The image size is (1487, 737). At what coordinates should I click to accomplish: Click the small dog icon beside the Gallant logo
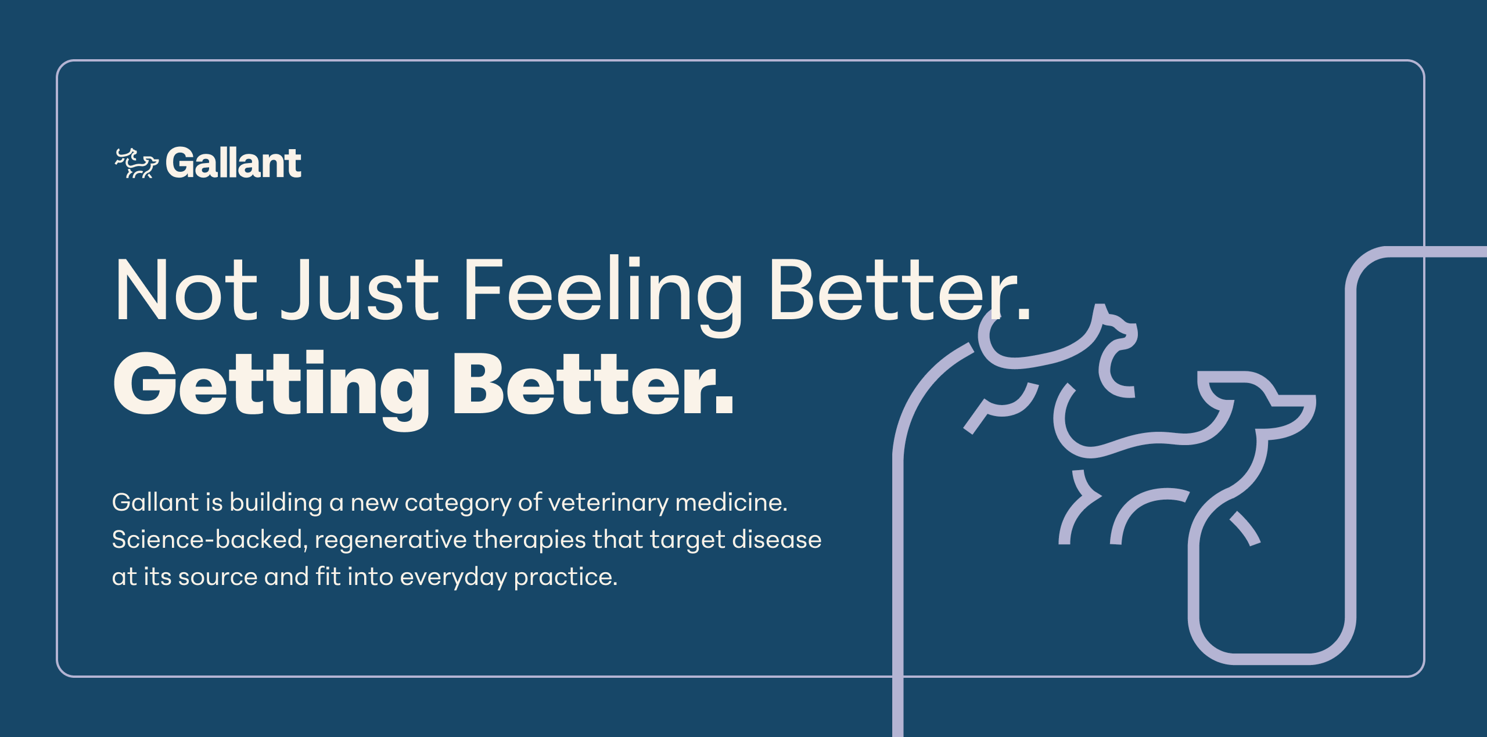point(136,163)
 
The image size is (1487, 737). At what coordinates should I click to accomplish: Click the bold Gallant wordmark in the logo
point(234,163)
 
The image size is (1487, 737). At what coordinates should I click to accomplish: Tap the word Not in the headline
point(186,289)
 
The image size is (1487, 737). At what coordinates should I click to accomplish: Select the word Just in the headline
point(360,289)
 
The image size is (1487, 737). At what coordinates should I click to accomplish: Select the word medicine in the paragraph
point(731,502)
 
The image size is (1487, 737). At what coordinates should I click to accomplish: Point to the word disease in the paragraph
point(777,539)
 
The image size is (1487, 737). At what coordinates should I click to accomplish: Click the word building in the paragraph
point(276,503)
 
